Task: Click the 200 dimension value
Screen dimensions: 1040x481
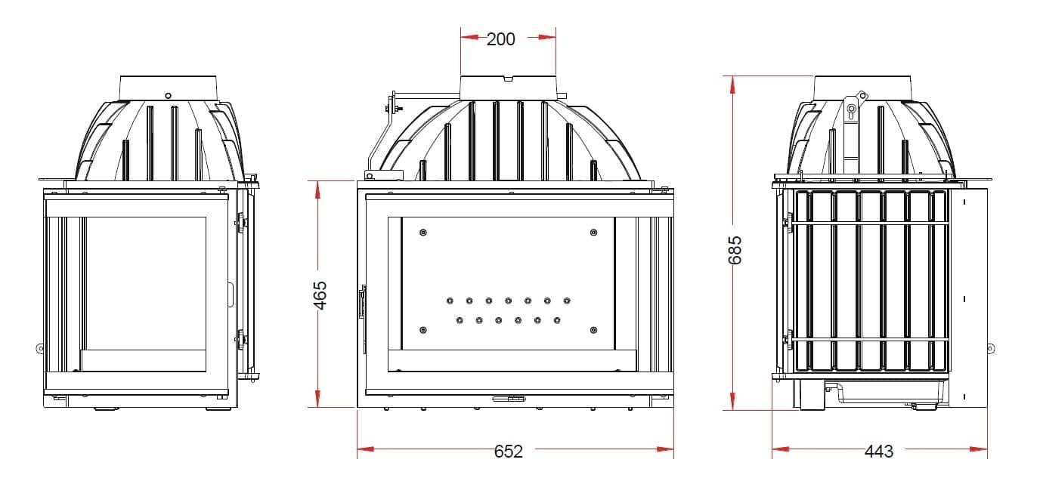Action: click(500, 39)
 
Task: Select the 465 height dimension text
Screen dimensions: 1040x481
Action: click(320, 295)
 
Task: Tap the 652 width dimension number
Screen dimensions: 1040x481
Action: click(509, 451)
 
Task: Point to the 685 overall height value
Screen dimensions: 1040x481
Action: click(735, 251)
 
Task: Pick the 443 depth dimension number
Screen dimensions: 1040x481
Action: click(878, 451)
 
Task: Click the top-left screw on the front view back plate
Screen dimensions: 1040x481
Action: click(423, 233)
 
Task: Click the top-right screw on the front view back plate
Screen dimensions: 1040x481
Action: click(593, 233)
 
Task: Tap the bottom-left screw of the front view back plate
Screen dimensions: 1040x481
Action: click(423, 330)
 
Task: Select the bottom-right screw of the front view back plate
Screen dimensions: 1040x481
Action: click(593, 330)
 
